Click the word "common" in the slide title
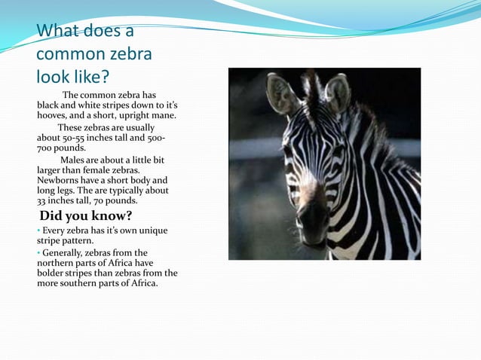tap(68, 54)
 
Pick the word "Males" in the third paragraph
tap(74, 160)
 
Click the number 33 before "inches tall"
tap(42, 200)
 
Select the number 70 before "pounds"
tap(100, 200)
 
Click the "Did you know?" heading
tap(86, 216)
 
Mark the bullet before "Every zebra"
tap(38, 230)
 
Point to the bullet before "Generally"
tap(38, 253)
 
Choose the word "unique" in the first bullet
tap(152, 230)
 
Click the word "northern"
tap(57, 263)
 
